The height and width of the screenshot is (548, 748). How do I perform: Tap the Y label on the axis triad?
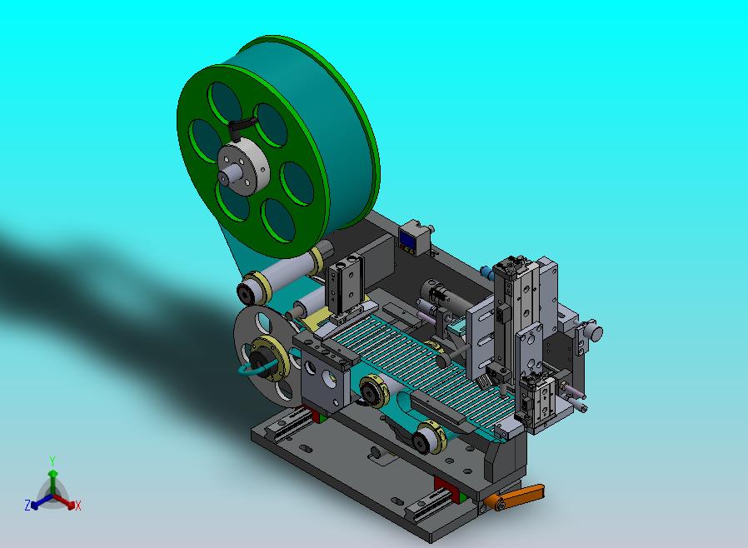[52, 461]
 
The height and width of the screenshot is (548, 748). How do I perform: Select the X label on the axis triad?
[78, 506]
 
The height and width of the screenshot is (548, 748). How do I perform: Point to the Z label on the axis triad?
[27, 505]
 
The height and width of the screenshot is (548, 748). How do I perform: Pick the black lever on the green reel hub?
[237, 127]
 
